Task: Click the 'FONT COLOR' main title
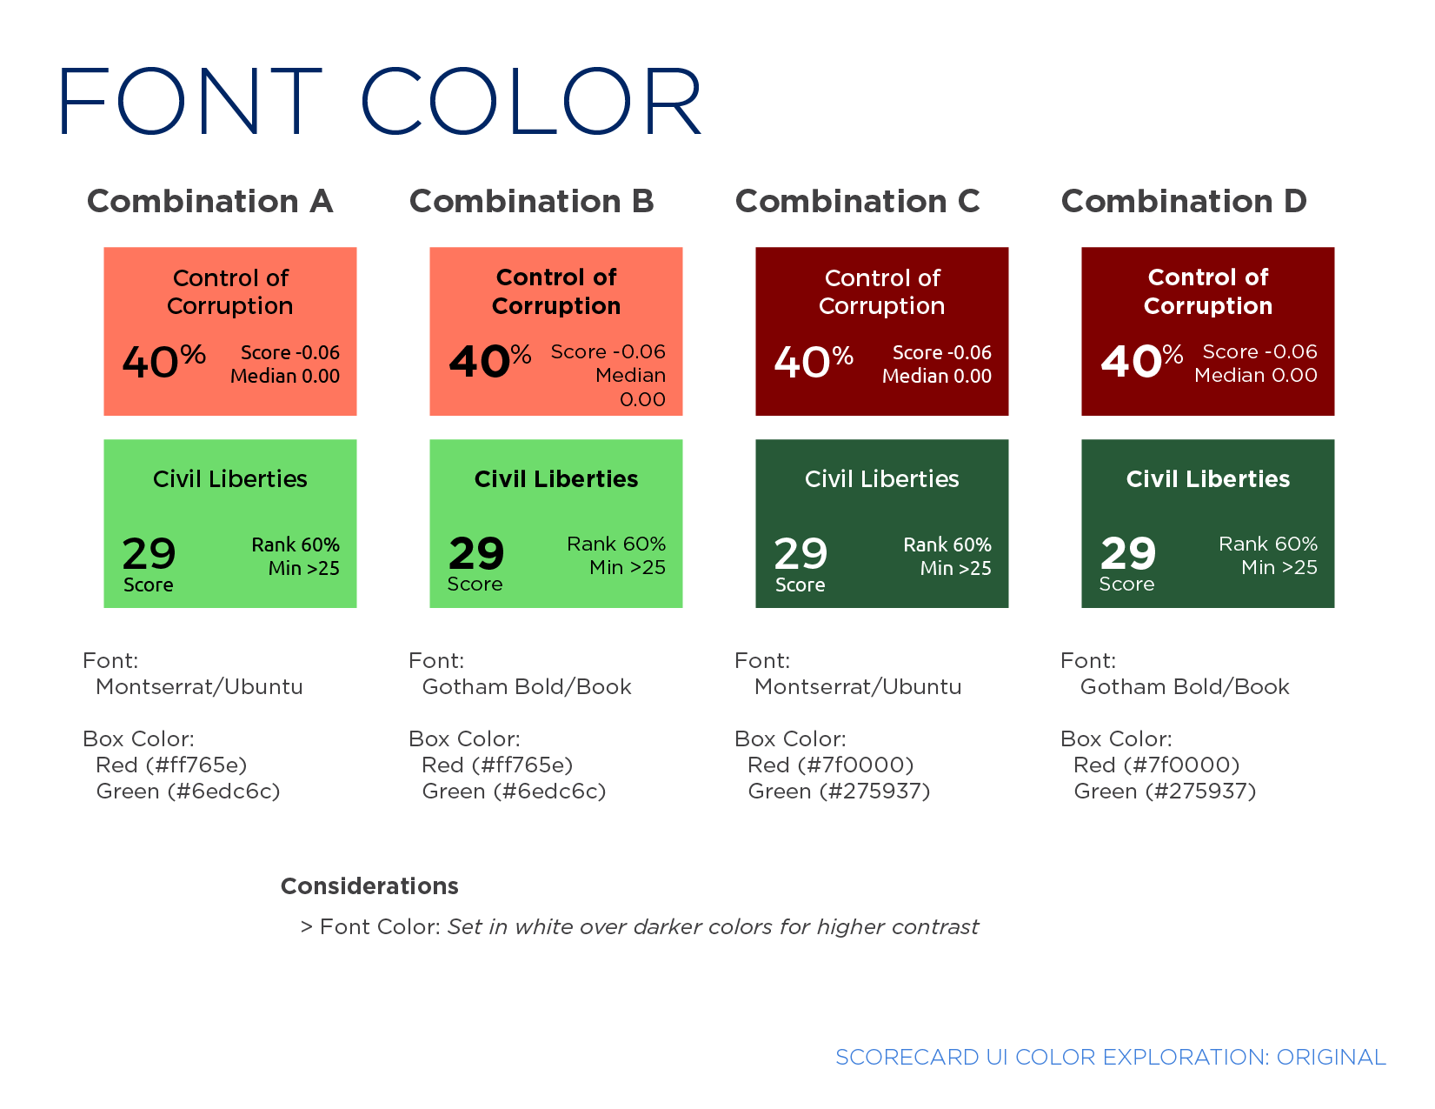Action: tap(379, 101)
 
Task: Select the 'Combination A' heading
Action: tap(210, 201)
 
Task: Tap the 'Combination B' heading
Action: tap(532, 201)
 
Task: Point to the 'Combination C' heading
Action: tap(857, 201)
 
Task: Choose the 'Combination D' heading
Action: tap(1184, 201)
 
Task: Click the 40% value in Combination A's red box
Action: tap(163, 361)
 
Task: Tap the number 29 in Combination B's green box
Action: tap(476, 553)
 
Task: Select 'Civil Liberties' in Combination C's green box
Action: tap(881, 478)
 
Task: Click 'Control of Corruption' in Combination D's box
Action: tap(1208, 291)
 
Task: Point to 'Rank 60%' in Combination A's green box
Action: tap(296, 544)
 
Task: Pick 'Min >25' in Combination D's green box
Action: tap(1279, 567)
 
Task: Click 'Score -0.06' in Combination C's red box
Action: tap(941, 352)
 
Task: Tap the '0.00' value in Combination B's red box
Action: tap(642, 399)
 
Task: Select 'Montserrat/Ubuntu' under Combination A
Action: tap(199, 686)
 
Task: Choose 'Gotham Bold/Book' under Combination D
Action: tap(1185, 686)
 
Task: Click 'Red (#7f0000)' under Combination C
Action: tap(830, 765)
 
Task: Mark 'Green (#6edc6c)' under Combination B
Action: tap(514, 792)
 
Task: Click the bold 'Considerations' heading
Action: tap(369, 885)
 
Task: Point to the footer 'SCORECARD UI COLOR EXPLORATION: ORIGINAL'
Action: tap(1111, 1057)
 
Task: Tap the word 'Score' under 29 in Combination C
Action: tap(800, 585)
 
